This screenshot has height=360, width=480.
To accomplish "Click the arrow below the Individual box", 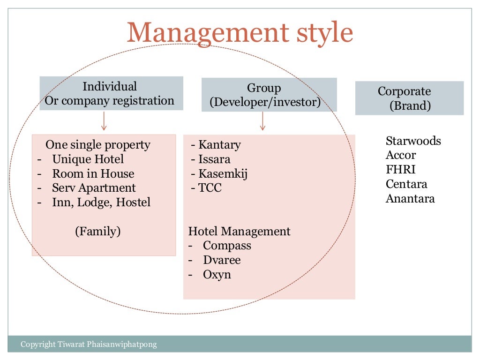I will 104,121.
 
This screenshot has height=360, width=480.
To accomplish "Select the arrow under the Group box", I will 262,121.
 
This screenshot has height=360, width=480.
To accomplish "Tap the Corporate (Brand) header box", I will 409,98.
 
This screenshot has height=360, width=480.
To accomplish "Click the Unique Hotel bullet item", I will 88,159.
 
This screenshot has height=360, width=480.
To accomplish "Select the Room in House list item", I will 93,174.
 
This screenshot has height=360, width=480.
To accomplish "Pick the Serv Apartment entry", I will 94,188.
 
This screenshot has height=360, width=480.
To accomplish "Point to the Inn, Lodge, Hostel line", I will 101,202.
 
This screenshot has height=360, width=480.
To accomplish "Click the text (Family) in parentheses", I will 98,231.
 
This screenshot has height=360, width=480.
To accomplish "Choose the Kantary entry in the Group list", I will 216,145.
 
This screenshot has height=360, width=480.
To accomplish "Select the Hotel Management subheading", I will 239,232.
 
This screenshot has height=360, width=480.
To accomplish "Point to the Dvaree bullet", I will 221,260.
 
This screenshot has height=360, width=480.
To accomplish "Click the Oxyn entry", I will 217,274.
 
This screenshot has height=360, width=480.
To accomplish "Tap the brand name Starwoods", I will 413,141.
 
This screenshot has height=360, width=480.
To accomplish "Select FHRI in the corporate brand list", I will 400,170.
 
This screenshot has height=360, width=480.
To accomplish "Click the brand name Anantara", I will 410,198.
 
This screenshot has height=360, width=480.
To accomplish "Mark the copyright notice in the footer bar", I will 89,345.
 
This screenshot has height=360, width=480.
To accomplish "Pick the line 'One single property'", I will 98,145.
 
